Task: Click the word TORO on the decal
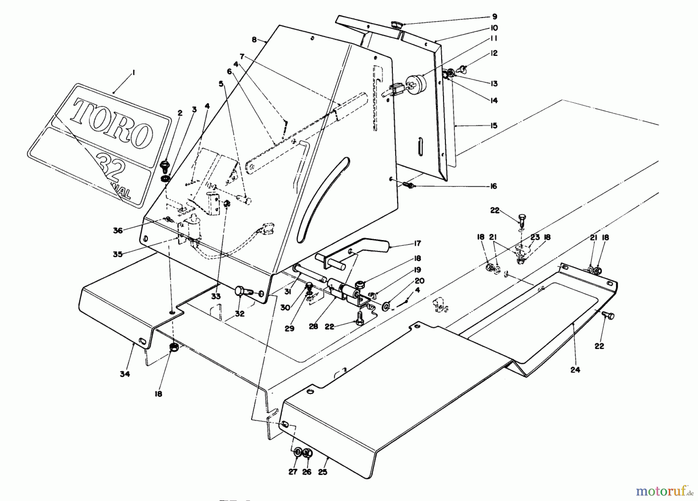click(x=112, y=123)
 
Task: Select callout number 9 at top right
click(x=494, y=17)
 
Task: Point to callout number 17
click(x=418, y=244)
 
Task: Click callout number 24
click(x=575, y=370)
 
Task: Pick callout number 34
click(x=125, y=374)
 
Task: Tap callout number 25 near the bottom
click(x=323, y=472)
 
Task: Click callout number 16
click(x=493, y=187)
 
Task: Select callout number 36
click(x=118, y=230)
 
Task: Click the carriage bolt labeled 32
click(x=242, y=291)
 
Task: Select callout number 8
click(x=254, y=40)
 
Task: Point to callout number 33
click(x=216, y=297)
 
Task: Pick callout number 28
click(x=313, y=327)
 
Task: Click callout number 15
click(x=494, y=126)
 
